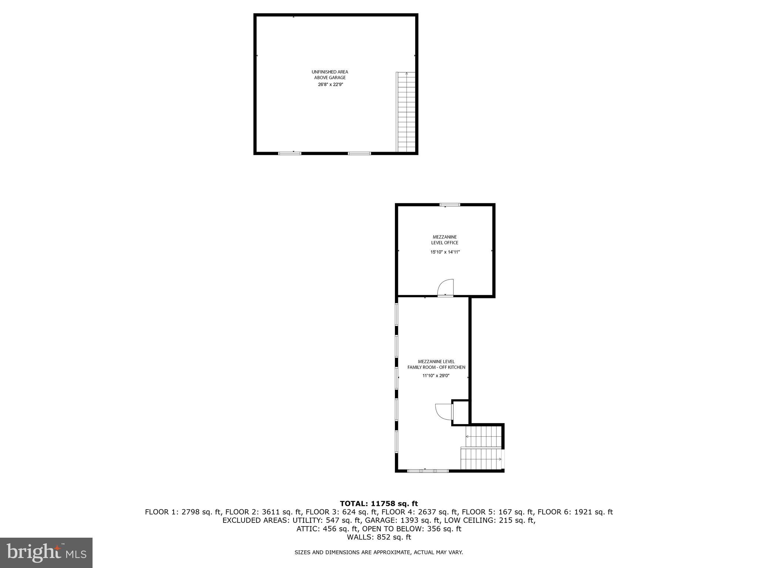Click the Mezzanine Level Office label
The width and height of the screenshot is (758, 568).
(445, 240)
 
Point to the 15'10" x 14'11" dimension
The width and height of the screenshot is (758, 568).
(445, 252)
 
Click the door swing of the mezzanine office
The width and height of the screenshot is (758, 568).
(446, 287)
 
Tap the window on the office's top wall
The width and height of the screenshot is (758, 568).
(450, 204)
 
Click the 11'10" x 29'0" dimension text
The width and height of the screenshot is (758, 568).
(436, 376)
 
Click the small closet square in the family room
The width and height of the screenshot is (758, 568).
(461, 412)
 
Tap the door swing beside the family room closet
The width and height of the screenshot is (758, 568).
(443, 411)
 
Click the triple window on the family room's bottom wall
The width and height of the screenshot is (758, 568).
(428, 471)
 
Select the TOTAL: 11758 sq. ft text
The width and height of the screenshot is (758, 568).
(379, 503)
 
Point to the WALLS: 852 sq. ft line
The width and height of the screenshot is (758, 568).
(379, 537)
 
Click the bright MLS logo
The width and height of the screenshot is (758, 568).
(46, 552)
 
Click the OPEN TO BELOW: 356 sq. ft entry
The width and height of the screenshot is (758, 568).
(412, 529)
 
